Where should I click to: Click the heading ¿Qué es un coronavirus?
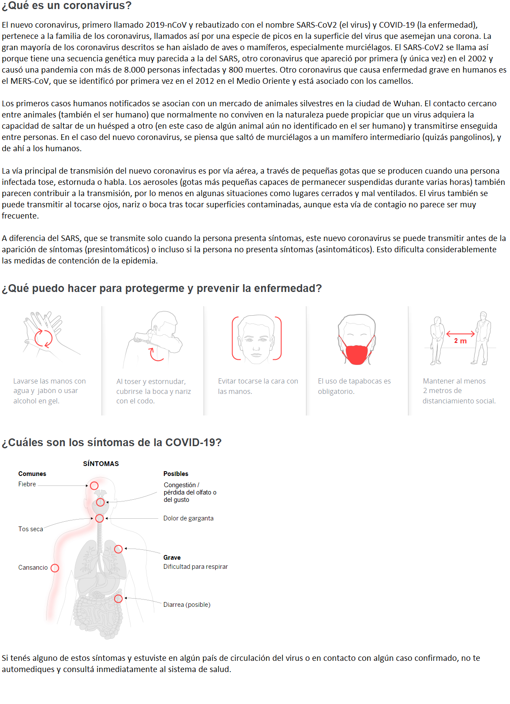pos(67,6)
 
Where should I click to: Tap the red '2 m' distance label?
pos(460,341)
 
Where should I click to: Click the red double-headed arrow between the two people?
pos(460,334)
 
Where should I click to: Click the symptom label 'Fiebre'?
pos(27,484)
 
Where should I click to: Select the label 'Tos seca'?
pos(31,529)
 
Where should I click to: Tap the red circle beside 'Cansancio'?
pos(55,568)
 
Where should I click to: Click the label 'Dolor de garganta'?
pos(188,518)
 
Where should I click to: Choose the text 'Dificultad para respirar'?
pos(195,567)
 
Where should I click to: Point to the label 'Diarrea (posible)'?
pos(186,605)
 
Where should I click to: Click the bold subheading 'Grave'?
pos(172,558)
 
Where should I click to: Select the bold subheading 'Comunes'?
pos(32,474)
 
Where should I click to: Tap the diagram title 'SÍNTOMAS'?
pos(101,463)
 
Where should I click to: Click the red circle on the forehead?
pos(94,485)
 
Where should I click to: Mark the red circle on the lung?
pos(118,549)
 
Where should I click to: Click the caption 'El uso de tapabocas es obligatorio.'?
pos(354,386)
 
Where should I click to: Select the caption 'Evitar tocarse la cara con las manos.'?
pos(258,386)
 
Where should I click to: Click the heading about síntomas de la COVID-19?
pos(112,443)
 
